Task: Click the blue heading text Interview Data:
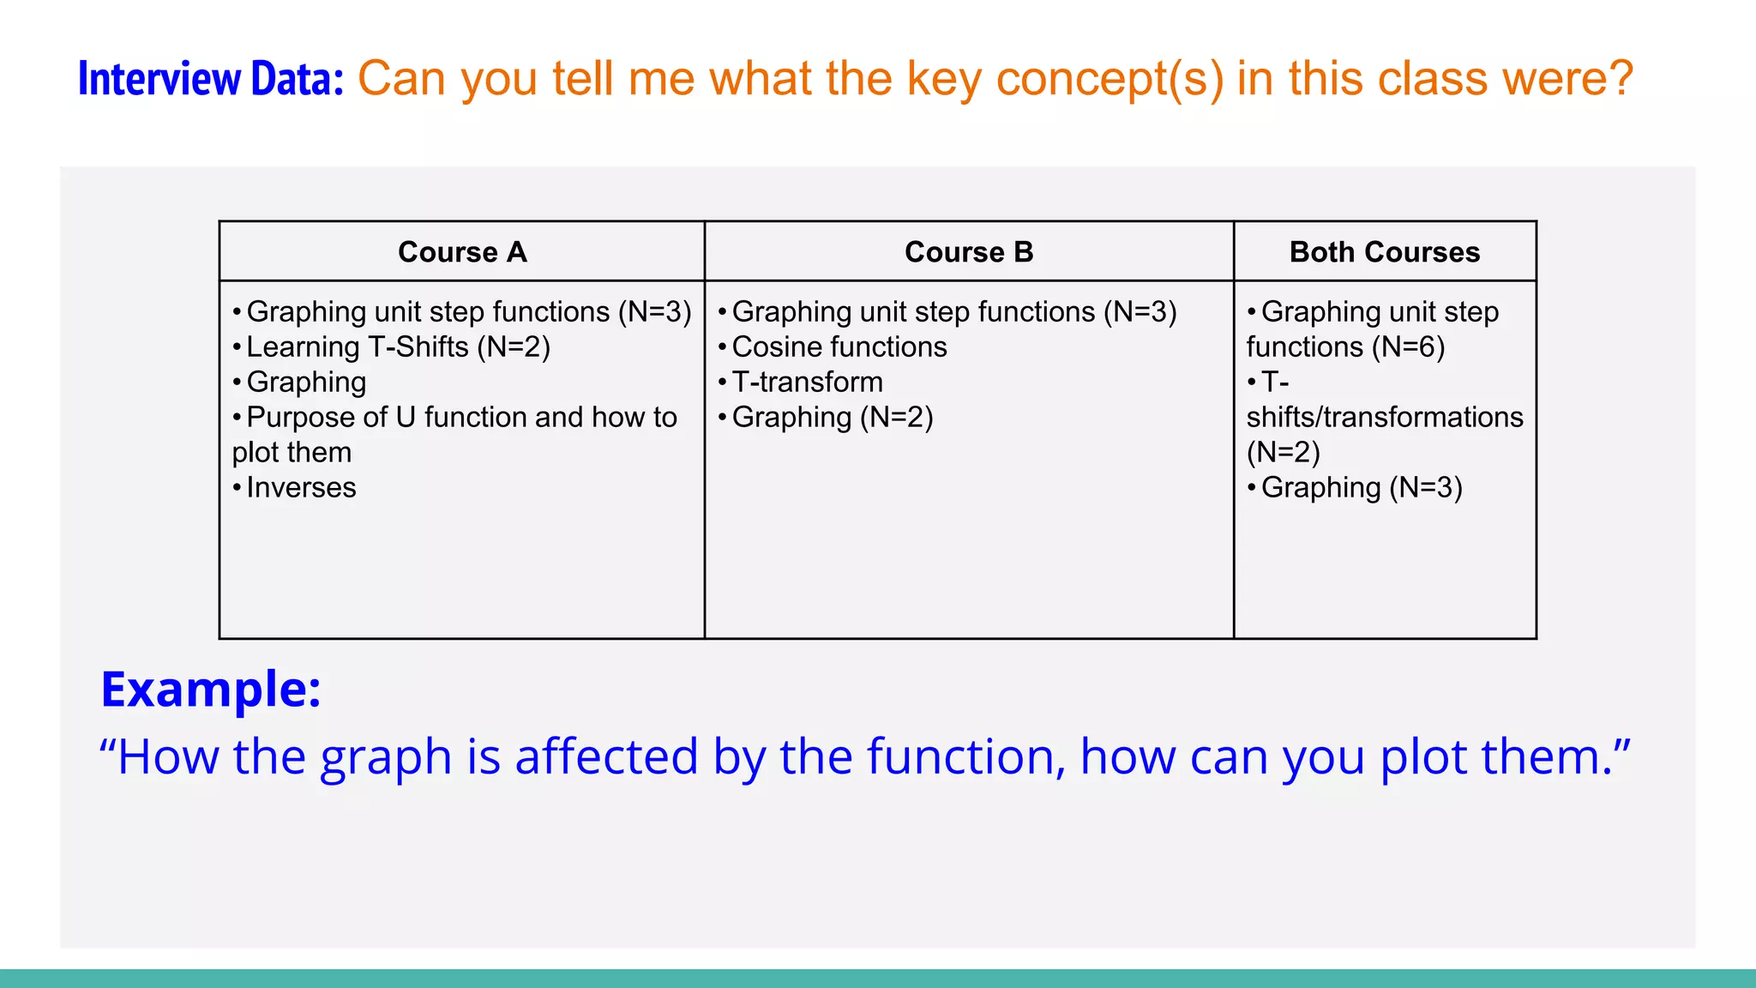click(210, 79)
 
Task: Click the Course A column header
click(462, 252)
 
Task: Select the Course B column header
click(969, 252)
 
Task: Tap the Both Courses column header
click(1385, 252)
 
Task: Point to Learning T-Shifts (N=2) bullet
click(398, 347)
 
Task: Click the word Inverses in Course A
click(301, 488)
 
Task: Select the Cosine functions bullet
click(839, 347)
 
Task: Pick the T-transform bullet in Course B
click(807, 383)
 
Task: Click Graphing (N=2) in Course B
click(832, 418)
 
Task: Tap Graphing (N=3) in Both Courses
click(1361, 488)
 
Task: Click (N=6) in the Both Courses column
click(1408, 347)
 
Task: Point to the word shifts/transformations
click(1385, 418)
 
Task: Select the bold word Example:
click(211, 689)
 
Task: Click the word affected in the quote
click(606, 757)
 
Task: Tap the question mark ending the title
click(1621, 79)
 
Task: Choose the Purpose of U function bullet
click(461, 418)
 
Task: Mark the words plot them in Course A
click(292, 453)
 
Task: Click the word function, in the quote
click(966, 757)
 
